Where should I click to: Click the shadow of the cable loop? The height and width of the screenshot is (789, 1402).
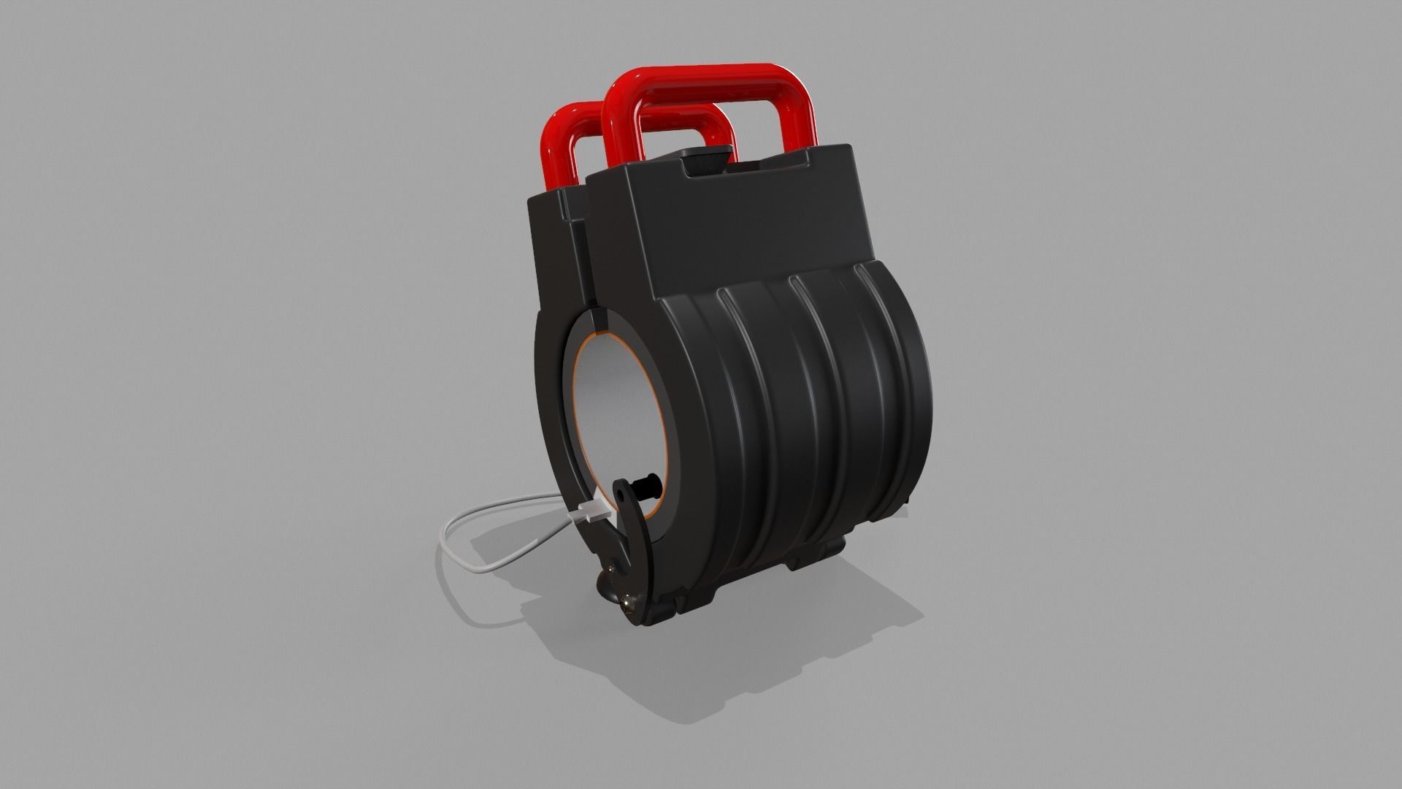482,584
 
